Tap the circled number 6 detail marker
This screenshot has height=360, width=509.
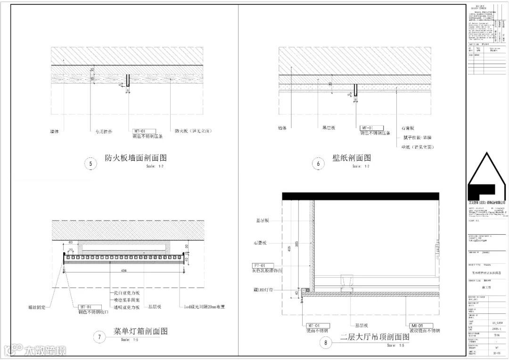319,164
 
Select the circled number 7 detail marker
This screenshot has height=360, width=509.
99,337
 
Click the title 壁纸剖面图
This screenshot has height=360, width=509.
352,158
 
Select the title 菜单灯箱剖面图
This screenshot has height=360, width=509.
140,331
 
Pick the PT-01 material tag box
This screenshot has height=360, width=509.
262,266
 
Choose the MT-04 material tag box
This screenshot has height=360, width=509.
317,325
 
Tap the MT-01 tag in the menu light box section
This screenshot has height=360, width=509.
89,306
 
